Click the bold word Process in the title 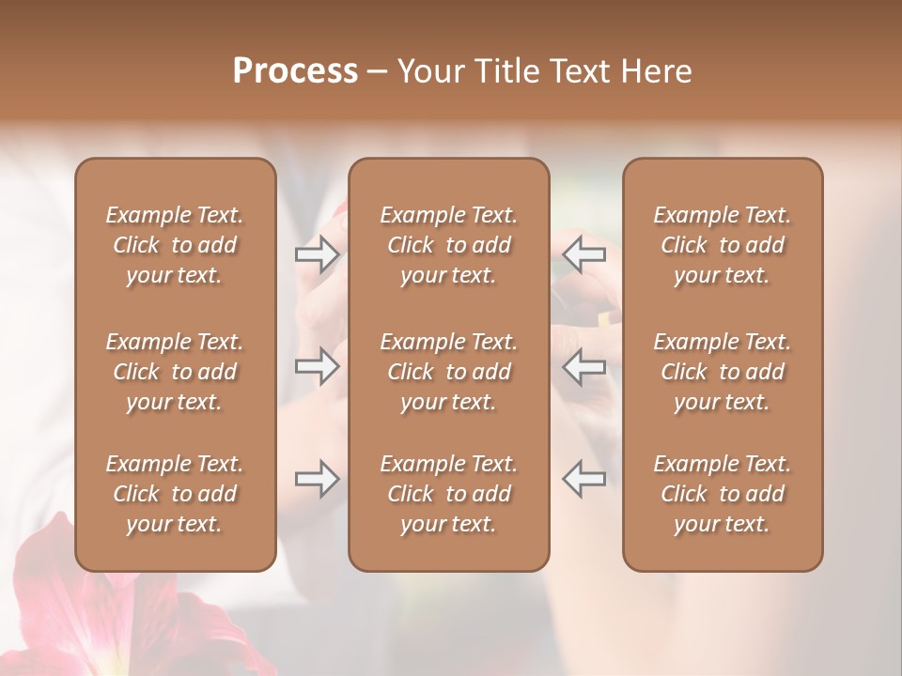[x=295, y=71]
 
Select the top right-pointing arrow [x=317, y=253]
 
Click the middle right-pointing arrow [x=317, y=366]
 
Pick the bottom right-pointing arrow [x=317, y=479]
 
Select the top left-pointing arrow [x=583, y=253]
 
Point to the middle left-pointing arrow [x=583, y=366]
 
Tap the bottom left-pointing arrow [x=583, y=479]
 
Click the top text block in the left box [x=175, y=245]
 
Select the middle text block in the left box [x=175, y=372]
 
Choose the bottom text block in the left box [x=175, y=494]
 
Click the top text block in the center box [x=449, y=245]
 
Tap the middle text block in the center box [x=449, y=372]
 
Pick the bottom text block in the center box [x=449, y=494]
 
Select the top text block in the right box [x=723, y=245]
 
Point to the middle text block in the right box [x=723, y=372]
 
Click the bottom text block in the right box [x=723, y=494]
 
